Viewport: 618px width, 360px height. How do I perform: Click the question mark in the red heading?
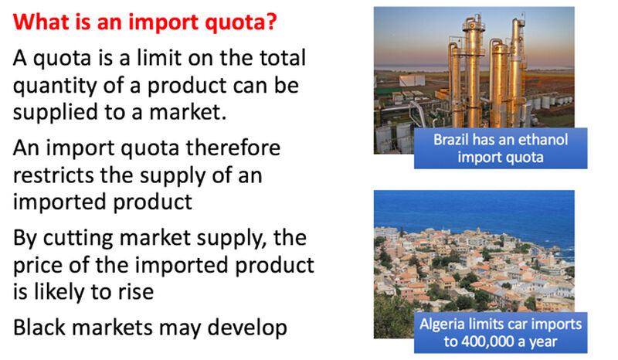[272, 22]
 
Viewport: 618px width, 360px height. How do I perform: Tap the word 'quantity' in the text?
[55, 87]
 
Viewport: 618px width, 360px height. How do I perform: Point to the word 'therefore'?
[233, 148]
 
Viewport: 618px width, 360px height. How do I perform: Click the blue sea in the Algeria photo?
[473, 209]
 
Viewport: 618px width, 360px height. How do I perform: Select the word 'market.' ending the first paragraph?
[188, 112]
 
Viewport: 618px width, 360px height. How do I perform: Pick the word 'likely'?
[58, 293]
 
